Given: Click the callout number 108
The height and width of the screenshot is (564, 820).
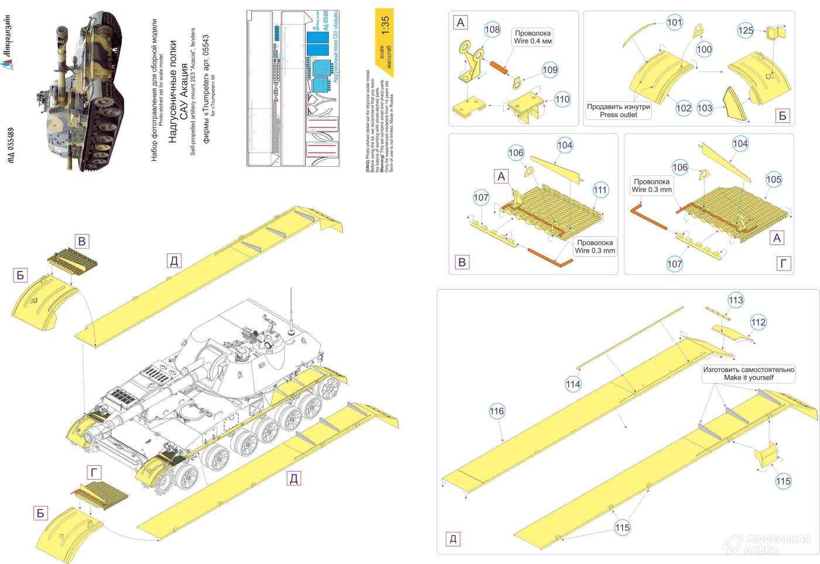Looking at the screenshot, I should click(493, 29).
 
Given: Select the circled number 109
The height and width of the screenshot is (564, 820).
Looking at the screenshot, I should click(550, 70).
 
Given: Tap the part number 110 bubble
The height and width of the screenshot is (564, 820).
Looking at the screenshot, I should click(562, 99).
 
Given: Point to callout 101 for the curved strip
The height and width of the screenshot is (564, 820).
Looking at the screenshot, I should click(675, 23).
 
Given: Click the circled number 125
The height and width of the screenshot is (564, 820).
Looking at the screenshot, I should click(746, 30).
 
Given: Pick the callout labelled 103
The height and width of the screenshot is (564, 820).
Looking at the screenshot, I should click(705, 108).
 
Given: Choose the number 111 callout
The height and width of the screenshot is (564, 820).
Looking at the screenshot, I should click(600, 190).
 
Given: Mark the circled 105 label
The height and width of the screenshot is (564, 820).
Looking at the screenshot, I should click(774, 180).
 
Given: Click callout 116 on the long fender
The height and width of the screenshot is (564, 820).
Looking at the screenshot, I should click(497, 411).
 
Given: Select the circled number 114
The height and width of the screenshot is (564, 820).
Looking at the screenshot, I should click(573, 384).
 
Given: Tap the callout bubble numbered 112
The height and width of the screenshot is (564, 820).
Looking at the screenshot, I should click(758, 322).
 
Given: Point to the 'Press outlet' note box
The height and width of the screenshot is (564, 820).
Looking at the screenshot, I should click(618, 111).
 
